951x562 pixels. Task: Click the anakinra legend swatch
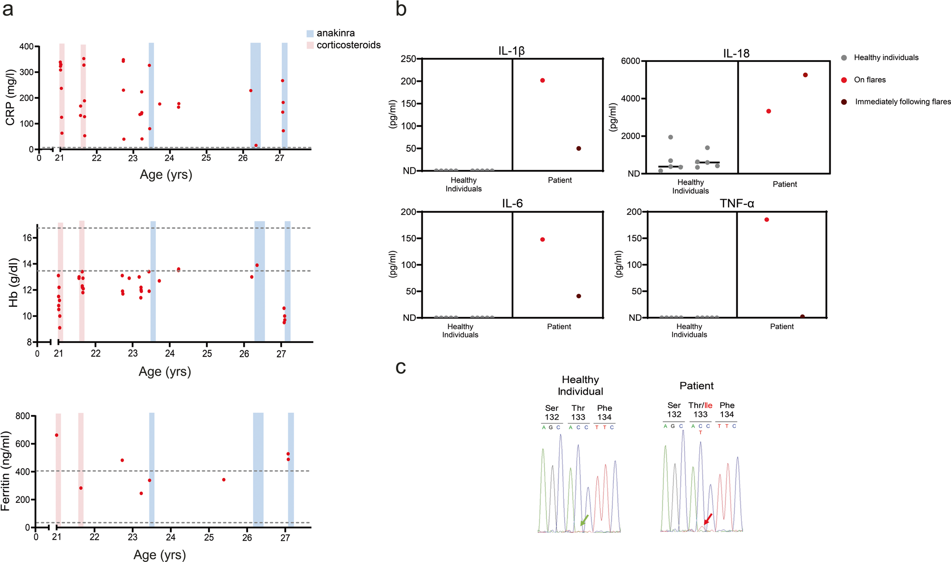(310, 34)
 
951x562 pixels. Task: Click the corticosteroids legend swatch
(310, 45)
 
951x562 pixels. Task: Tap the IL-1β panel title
(511, 51)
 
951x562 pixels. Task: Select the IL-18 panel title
(736, 54)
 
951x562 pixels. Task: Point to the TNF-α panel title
(737, 204)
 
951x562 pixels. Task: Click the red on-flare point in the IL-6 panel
(542, 239)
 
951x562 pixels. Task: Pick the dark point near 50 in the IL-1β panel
(579, 148)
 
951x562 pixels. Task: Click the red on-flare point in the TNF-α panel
(766, 220)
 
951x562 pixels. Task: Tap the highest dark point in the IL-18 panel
(805, 75)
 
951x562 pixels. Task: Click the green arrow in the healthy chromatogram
(584, 520)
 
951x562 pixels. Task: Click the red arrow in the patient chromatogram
(707, 519)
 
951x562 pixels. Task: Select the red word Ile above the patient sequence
(708, 405)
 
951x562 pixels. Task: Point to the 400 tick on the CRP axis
(26, 47)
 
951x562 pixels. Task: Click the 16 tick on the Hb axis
(27, 238)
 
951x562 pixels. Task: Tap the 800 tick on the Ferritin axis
(24, 416)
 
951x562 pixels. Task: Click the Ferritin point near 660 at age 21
(56, 435)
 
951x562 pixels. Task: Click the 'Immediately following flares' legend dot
(844, 102)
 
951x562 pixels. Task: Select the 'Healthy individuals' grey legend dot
(844, 58)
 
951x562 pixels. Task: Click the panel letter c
(401, 367)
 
